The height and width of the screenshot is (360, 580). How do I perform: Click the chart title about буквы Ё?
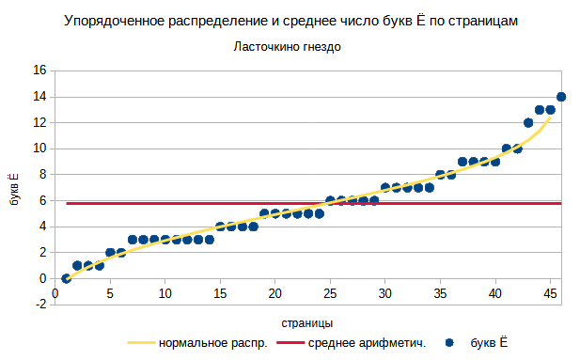(x=291, y=20)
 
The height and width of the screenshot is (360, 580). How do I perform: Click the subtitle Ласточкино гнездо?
(x=287, y=47)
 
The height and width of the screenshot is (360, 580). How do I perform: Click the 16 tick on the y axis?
(x=39, y=70)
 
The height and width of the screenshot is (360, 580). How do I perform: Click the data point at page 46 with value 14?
(x=561, y=97)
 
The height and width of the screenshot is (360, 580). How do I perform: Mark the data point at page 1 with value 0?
(x=66, y=278)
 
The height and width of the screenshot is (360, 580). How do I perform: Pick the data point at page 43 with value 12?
(x=528, y=122)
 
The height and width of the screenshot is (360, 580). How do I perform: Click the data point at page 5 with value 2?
(x=110, y=253)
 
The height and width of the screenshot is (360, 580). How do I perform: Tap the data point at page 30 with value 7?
(x=385, y=188)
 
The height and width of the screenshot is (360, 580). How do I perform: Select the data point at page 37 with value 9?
(x=462, y=162)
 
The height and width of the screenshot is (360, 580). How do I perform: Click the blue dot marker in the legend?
(x=452, y=344)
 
